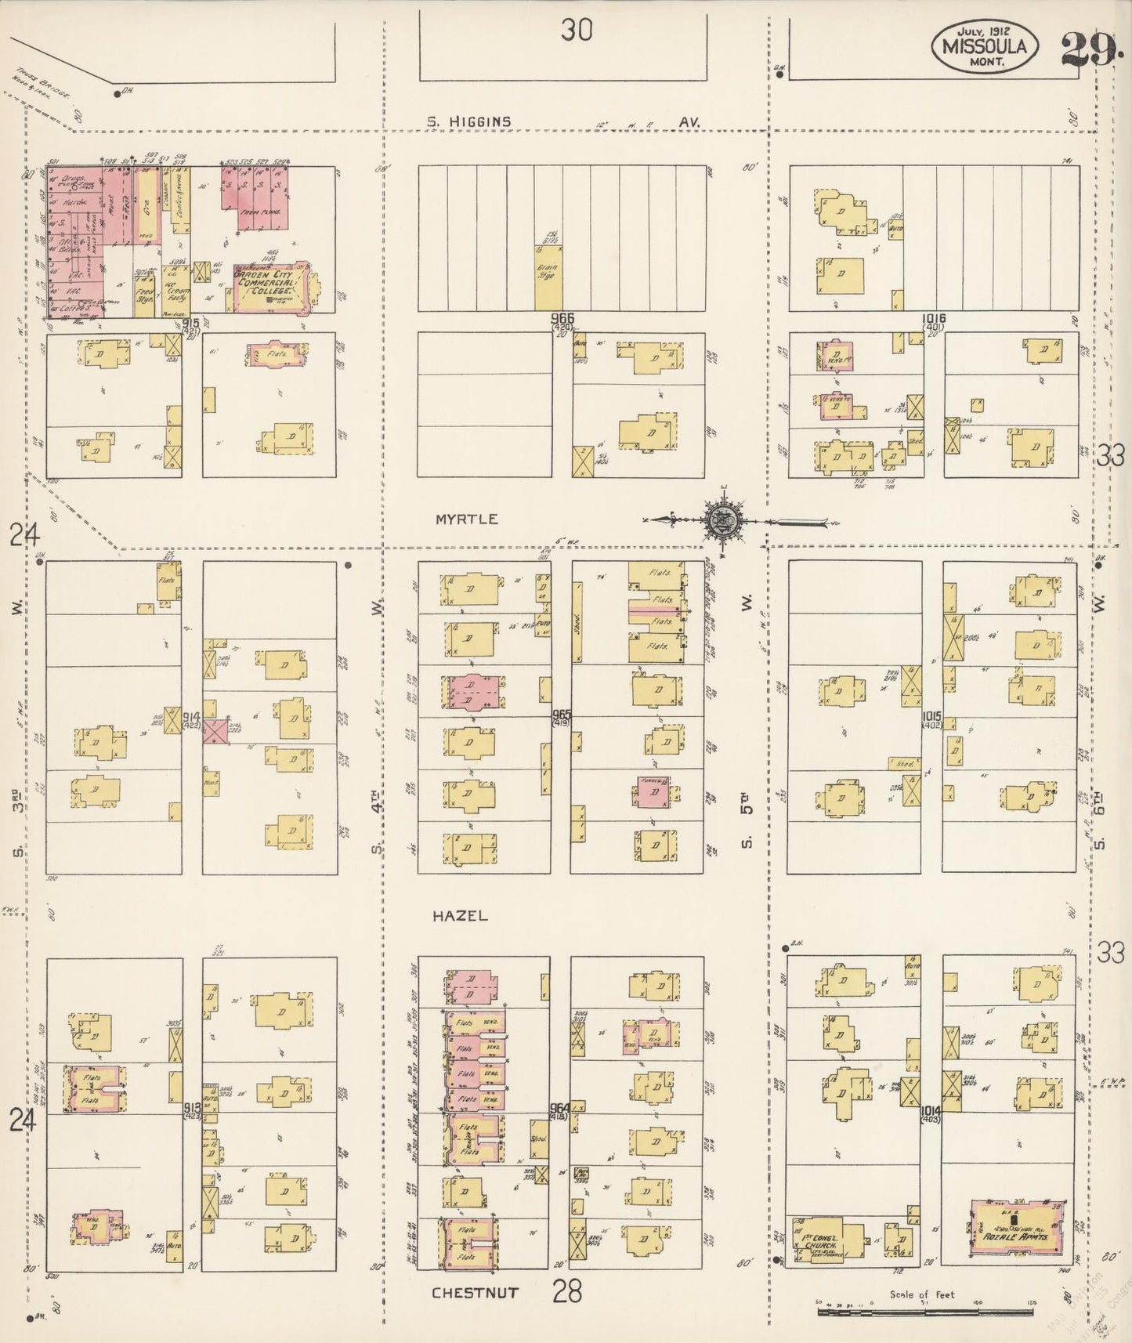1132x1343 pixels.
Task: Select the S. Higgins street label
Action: pyautogui.click(x=469, y=121)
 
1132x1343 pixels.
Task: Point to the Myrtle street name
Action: pyautogui.click(x=467, y=519)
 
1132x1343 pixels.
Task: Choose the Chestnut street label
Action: pyautogui.click(x=475, y=1292)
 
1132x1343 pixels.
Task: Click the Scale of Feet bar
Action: pyautogui.click(x=924, y=1309)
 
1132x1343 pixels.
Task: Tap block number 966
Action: pyautogui.click(x=562, y=319)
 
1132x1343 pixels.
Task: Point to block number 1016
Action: pyautogui.click(x=934, y=319)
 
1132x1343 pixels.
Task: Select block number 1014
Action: pyautogui.click(x=931, y=1110)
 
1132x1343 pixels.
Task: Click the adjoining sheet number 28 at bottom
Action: pyautogui.click(x=566, y=1291)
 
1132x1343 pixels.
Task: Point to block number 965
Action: pyautogui.click(x=562, y=715)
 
